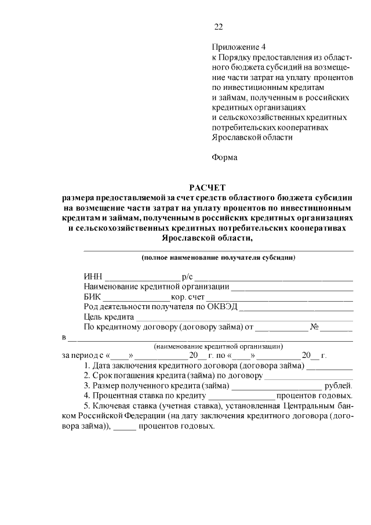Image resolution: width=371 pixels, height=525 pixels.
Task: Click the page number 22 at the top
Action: pos(219,27)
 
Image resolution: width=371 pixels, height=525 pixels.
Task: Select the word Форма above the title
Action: pos(225,157)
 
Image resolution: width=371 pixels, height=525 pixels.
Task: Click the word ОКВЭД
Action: pos(222,307)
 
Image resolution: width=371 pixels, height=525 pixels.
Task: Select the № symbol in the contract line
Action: pos(315,328)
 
